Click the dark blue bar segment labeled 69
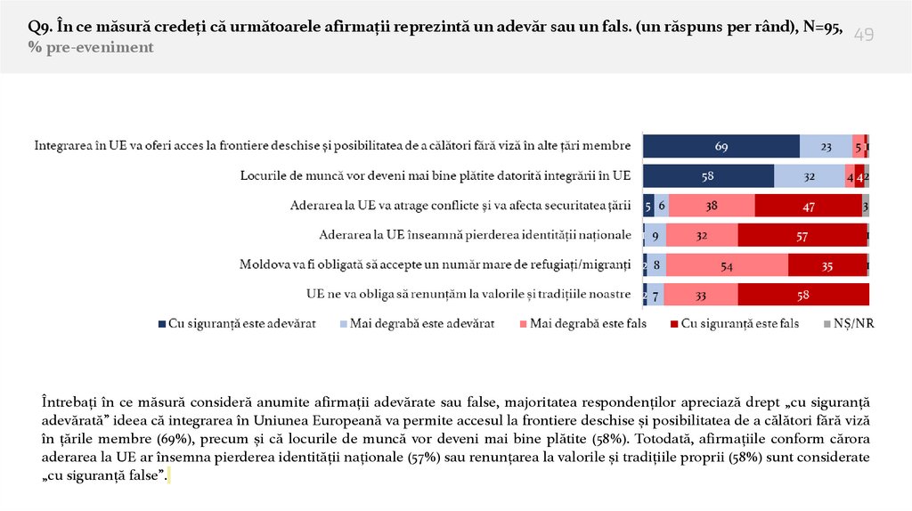[x=721, y=146]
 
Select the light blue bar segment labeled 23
[x=826, y=146]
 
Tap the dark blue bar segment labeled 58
[x=708, y=176]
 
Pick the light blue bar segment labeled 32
[x=810, y=176]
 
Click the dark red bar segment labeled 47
[x=808, y=206]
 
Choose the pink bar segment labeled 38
[x=712, y=206]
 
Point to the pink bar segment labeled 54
[x=726, y=264]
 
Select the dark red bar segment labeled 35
[x=827, y=264]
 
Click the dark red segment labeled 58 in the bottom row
[x=803, y=294]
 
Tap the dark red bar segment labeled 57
[x=802, y=235]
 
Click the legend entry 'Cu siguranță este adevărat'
[x=237, y=324]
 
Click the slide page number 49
[x=864, y=35]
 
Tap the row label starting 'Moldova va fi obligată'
[x=435, y=264]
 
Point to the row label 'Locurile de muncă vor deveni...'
[x=436, y=176]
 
